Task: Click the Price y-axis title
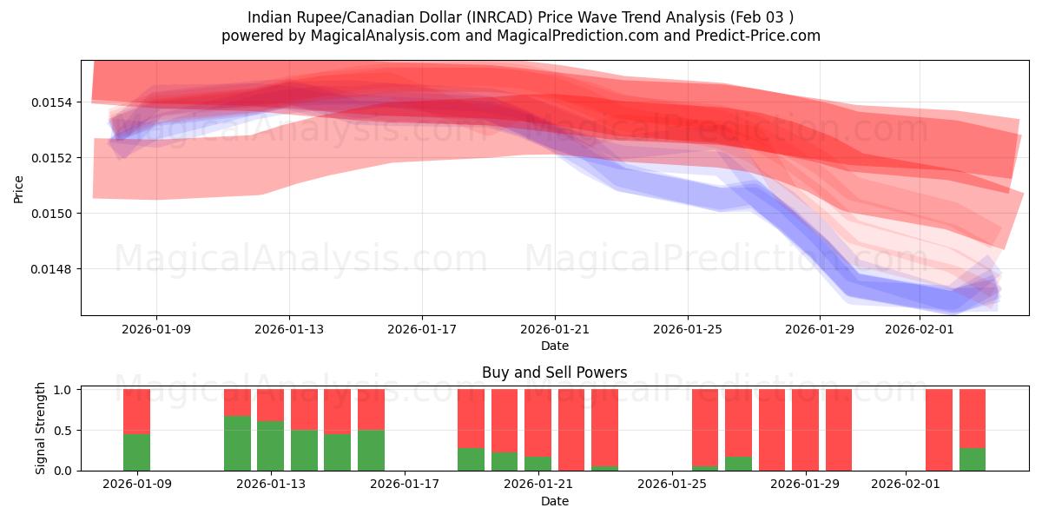pos(18,188)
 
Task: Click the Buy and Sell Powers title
pos(554,373)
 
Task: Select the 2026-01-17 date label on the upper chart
pos(422,330)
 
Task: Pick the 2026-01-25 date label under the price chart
pos(688,330)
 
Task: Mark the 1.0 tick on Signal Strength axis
pos(63,390)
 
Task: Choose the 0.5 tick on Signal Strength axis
pos(63,431)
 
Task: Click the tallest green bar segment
pos(237,443)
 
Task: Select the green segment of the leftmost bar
pos(136,452)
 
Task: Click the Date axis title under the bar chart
pos(554,501)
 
